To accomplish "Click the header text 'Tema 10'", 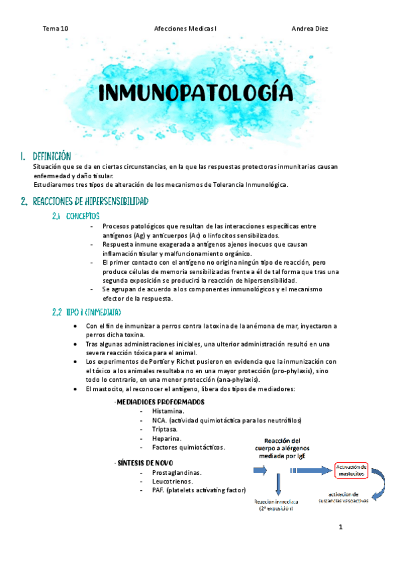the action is (x=55, y=29).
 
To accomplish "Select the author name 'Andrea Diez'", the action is (x=310, y=29).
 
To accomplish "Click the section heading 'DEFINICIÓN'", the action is (x=52, y=156).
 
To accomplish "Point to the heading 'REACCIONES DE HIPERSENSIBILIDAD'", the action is (x=91, y=201).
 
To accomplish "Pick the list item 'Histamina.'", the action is (x=169, y=411).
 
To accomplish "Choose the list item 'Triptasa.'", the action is (x=166, y=430).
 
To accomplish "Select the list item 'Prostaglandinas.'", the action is (x=177, y=472).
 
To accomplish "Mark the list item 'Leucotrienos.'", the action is (x=173, y=481).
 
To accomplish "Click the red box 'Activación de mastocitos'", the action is (x=350, y=471).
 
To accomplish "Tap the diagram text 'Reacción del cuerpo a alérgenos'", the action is (x=282, y=445).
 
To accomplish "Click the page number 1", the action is (x=340, y=528).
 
